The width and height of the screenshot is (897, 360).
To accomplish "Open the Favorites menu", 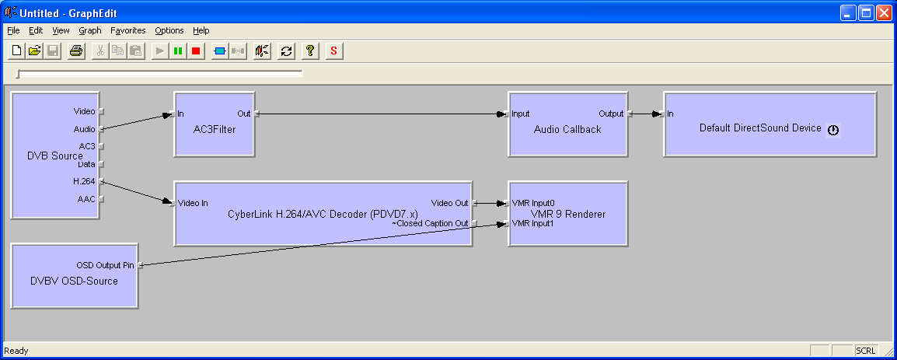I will (127, 30).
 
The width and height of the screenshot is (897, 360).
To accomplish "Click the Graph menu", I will (89, 30).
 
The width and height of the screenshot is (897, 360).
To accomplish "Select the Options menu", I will (169, 30).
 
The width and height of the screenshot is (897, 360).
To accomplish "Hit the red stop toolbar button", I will (196, 51).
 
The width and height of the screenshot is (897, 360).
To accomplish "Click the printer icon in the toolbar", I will (75, 51).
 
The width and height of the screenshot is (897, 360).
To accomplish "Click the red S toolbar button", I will (333, 51).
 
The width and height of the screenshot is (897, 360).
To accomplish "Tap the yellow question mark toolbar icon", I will (309, 51).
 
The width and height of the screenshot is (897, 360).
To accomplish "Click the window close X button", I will (885, 12).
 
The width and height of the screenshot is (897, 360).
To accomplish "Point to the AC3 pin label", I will (86, 146).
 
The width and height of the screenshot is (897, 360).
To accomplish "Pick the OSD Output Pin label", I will (105, 265).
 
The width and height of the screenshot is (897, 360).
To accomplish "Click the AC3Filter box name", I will (215, 130).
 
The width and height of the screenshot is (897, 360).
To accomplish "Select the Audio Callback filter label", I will (567, 130).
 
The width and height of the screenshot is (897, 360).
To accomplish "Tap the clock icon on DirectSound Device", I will (833, 130).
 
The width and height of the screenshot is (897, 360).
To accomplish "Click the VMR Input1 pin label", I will (532, 224).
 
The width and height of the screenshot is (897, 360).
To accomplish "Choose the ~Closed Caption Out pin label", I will (430, 223).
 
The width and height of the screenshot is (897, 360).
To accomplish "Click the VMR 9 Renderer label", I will (567, 214).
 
